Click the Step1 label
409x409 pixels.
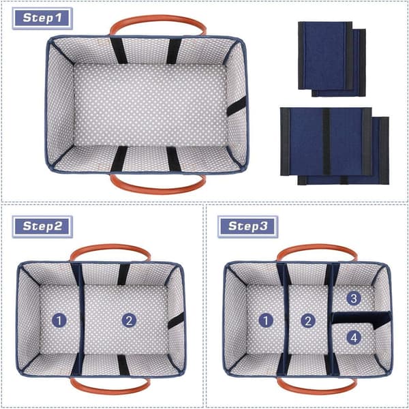tap(42, 18)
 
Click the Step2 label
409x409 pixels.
tap(42, 226)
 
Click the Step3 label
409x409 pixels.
tap(248, 226)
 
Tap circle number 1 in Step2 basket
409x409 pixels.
tap(59, 320)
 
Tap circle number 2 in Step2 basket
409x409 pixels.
tap(129, 320)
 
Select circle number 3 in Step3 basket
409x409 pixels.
tap(354, 298)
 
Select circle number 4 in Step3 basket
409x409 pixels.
tap(354, 338)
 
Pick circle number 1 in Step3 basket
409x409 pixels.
tap(266, 320)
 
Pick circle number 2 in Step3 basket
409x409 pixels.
tap(308, 320)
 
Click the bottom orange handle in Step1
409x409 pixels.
tap(158, 191)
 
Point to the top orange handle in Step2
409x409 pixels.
tap(110, 247)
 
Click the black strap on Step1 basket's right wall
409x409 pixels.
tap(236, 106)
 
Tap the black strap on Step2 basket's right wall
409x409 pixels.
tap(176, 320)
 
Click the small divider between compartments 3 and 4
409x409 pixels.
tap(361, 318)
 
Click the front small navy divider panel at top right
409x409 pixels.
tap(325, 56)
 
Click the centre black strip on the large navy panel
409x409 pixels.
tap(326, 142)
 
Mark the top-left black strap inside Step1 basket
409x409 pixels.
tap(119, 50)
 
